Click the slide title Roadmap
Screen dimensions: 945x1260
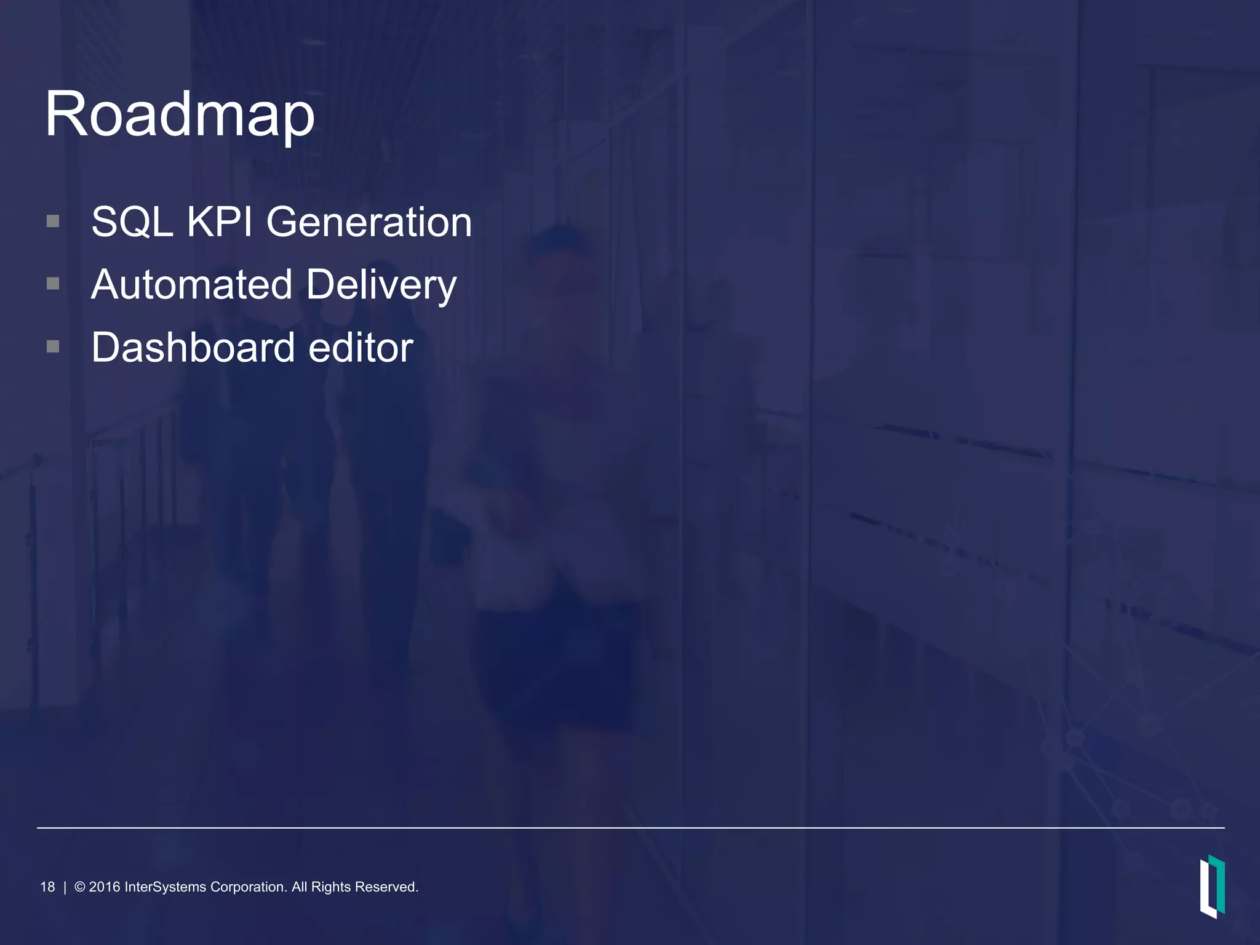[180, 114]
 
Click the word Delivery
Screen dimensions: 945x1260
[381, 285]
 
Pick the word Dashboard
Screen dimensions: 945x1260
[193, 348]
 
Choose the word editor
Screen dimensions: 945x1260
[361, 348]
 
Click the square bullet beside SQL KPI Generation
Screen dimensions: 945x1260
[53, 221]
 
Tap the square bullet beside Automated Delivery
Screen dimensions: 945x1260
[53, 284]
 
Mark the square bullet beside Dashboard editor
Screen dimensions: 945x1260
[53, 347]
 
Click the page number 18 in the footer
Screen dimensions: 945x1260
[47, 887]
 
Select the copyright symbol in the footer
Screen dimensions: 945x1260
[80, 887]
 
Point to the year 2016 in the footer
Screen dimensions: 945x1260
[105, 887]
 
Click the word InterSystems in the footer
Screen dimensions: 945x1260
[165, 887]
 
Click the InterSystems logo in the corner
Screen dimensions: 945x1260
[1212, 886]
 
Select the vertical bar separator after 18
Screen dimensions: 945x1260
[65, 887]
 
